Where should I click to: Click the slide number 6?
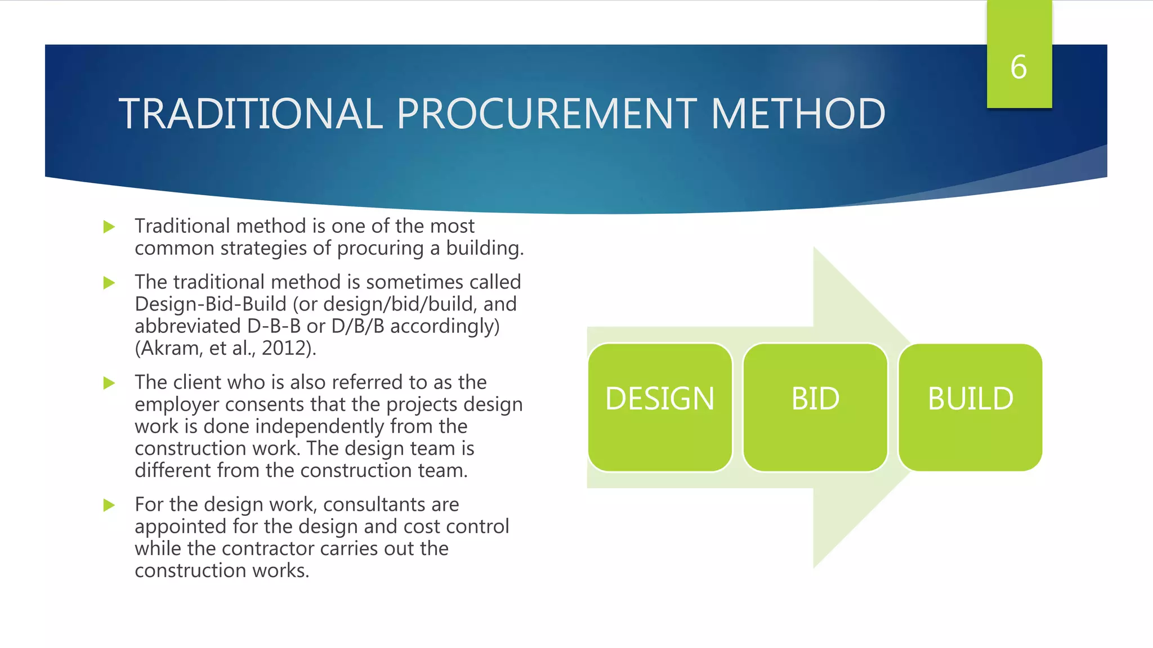click(1018, 67)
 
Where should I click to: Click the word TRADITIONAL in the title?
click(251, 114)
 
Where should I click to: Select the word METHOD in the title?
click(798, 114)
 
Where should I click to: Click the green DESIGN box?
click(660, 407)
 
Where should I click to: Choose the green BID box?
click(815, 407)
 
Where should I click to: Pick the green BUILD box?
click(971, 407)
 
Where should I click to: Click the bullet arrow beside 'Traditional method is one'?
click(109, 227)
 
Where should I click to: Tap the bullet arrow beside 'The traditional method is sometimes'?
click(109, 283)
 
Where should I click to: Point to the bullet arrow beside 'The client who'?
click(109, 384)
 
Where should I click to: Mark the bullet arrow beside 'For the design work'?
click(109, 505)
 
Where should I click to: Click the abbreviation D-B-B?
click(274, 326)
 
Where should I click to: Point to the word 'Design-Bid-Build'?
click(211, 304)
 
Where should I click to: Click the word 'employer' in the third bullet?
click(177, 405)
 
